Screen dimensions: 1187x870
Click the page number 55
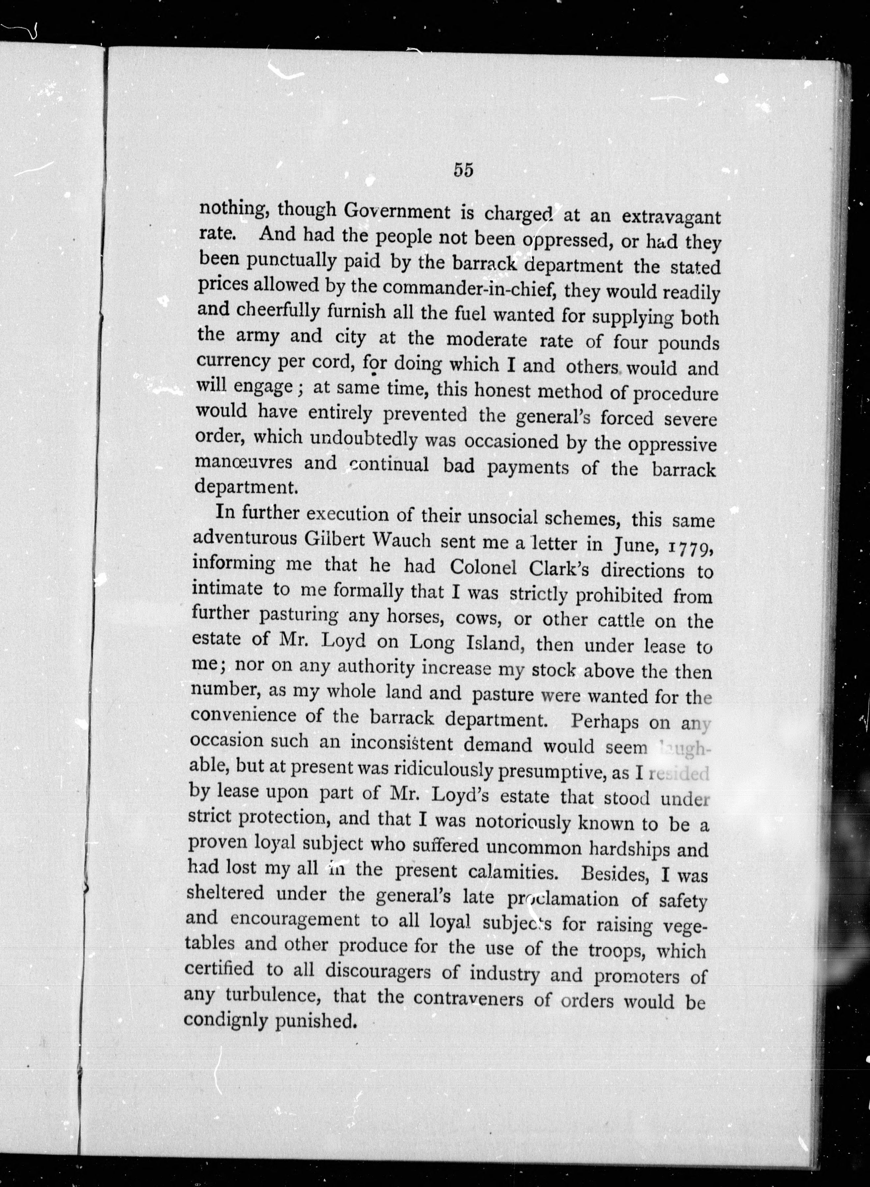point(463,170)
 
